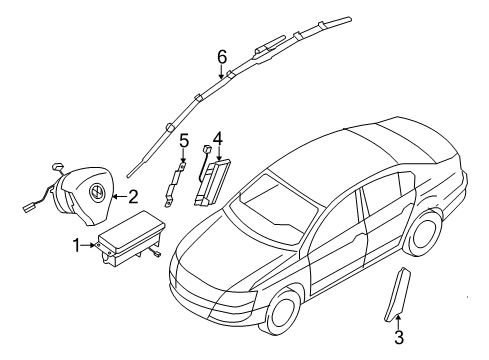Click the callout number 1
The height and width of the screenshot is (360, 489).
[77, 245]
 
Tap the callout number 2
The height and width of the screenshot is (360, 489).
[133, 197]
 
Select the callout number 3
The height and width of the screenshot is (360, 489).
[399, 337]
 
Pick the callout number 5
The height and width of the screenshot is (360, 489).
[184, 140]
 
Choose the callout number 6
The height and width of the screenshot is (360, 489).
[222, 57]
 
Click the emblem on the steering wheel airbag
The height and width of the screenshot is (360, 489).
[97, 192]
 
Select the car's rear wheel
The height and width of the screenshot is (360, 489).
[422, 233]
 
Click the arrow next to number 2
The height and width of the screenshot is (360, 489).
[119, 197]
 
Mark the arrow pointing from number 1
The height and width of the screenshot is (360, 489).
[89, 245]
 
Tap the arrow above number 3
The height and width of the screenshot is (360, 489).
[398, 322]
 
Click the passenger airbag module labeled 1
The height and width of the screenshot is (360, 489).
[130, 238]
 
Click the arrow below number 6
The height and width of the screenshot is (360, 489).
[221, 72]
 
